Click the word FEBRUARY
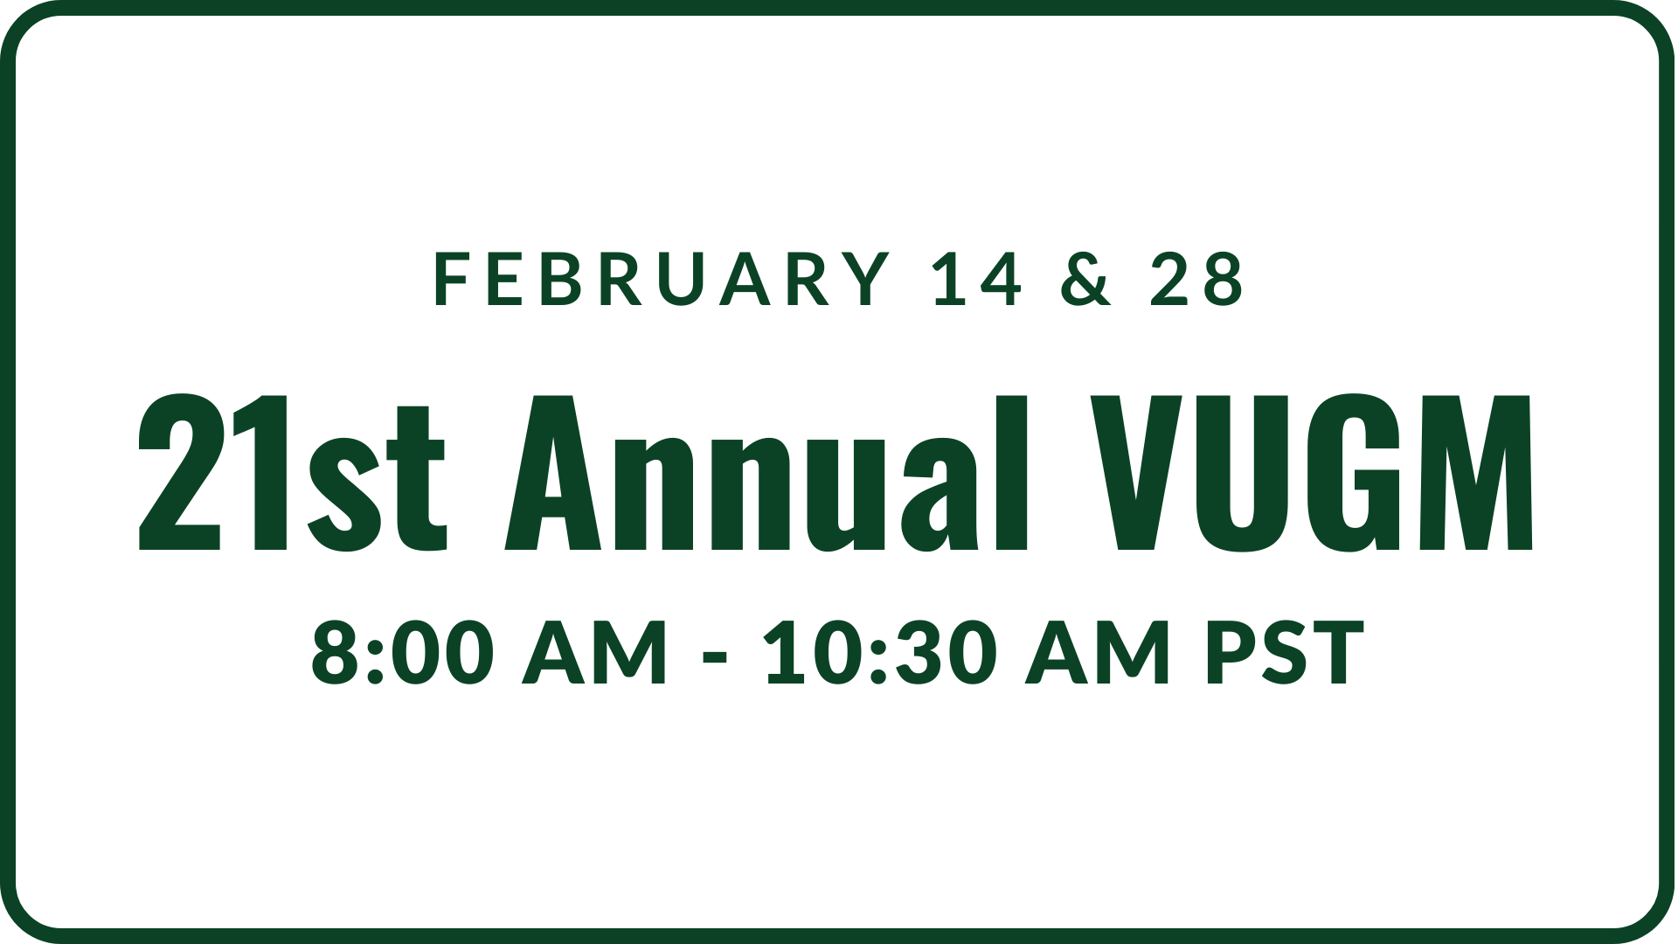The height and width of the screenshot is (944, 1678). click(x=661, y=279)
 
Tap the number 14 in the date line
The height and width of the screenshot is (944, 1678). click(x=977, y=279)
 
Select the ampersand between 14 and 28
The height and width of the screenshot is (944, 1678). click(x=1087, y=279)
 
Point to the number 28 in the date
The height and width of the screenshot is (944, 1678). click(x=1196, y=279)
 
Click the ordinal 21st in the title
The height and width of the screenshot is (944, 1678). click(x=293, y=473)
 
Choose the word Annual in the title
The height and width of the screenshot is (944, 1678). click(x=767, y=473)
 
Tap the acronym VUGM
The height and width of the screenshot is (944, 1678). click(x=1311, y=473)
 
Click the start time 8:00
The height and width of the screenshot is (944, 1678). click(x=399, y=652)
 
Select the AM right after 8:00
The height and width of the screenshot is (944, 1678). click(x=594, y=652)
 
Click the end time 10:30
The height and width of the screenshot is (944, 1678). click(x=880, y=652)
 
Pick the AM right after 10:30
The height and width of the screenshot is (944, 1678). click(x=1098, y=652)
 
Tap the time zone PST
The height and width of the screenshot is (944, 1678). click(x=1285, y=652)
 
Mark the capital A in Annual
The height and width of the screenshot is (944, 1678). click(x=553, y=473)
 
